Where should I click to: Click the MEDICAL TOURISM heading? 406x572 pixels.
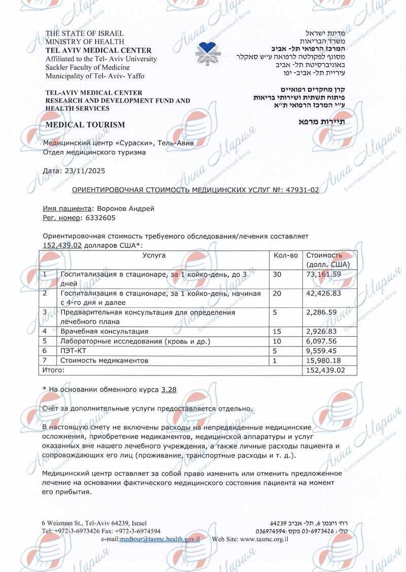(x=85, y=124)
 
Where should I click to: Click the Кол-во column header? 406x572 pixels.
(x=285, y=255)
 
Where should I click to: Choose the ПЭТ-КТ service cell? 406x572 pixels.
(x=74, y=351)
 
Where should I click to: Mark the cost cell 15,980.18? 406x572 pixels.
(x=323, y=361)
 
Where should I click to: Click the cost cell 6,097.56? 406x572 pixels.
(x=321, y=341)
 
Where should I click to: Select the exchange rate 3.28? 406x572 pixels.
(x=168, y=389)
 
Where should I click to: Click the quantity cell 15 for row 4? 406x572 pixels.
(x=277, y=331)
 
